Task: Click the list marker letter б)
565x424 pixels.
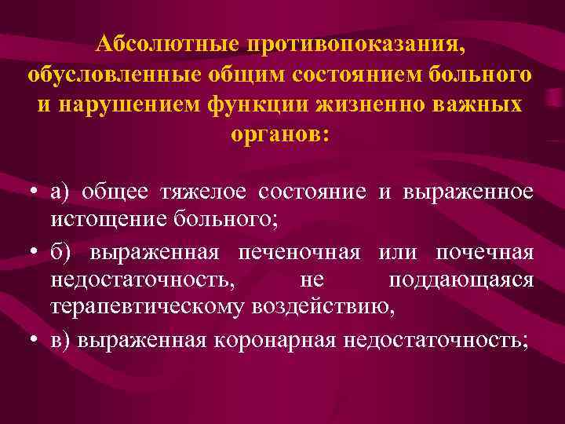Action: coord(59,254)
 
